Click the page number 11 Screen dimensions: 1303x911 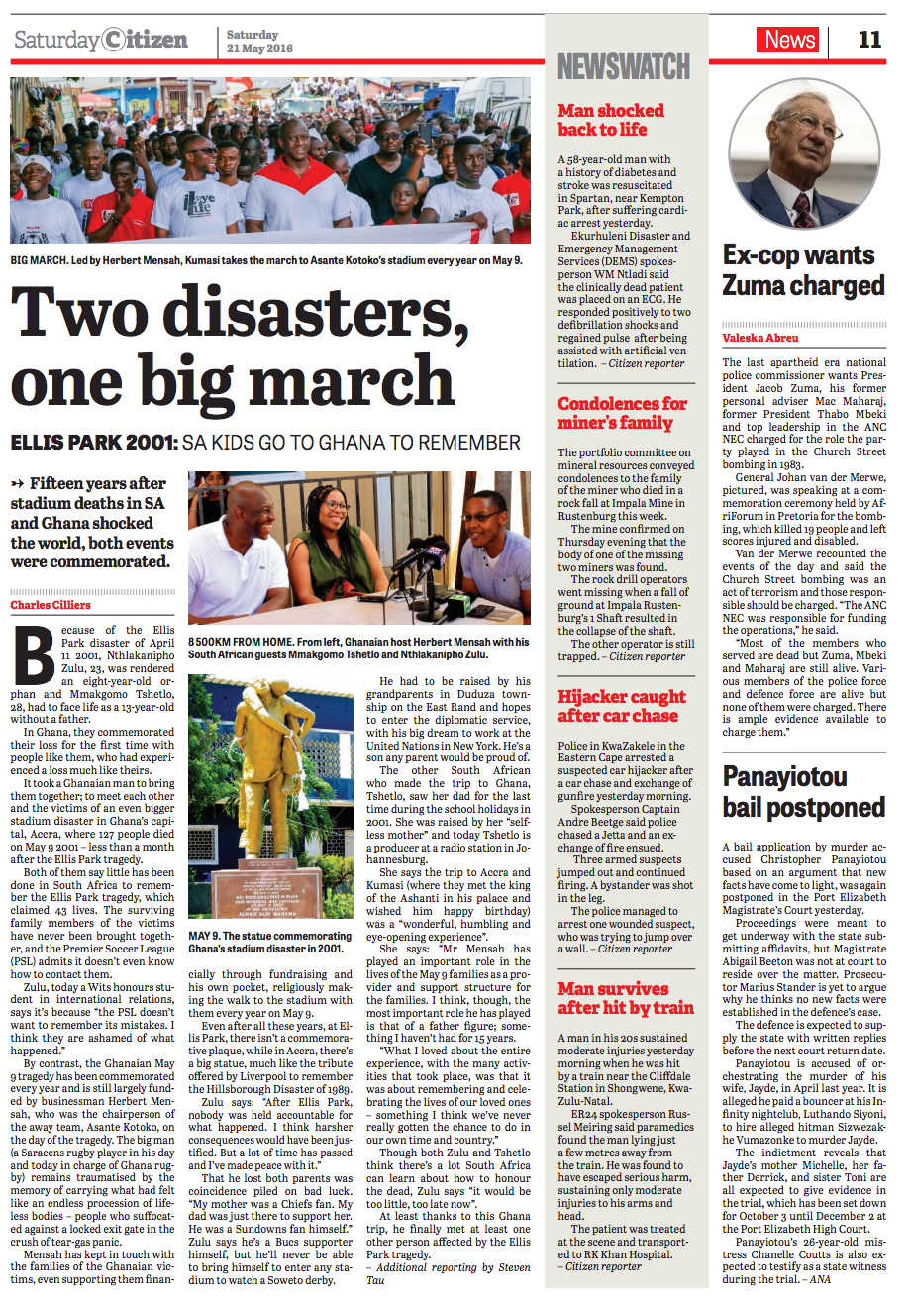(x=869, y=40)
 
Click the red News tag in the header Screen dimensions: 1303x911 (x=787, y=40)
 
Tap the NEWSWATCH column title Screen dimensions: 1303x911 (x=624, y=66)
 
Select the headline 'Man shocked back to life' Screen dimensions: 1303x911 (x=611, y=120)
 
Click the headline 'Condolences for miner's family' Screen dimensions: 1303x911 (x=622, y=413)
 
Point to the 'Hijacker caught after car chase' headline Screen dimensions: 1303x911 (x=621, y=706)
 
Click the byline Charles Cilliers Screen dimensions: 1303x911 (x=51, y=604)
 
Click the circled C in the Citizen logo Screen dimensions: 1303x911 (x=115, y=40)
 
